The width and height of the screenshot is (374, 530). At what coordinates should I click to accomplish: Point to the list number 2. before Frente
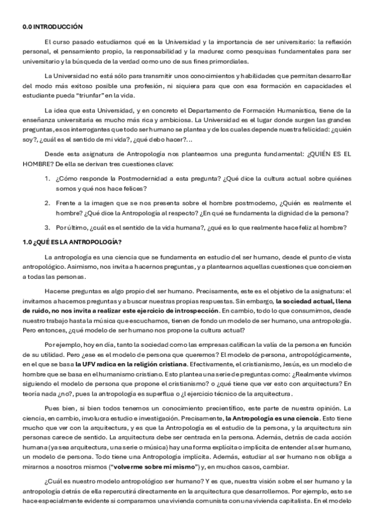pyautogui.click(x=47, y=203)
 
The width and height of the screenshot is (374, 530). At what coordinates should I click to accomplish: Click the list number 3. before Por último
pyautogui.click(x=47, y=228)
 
